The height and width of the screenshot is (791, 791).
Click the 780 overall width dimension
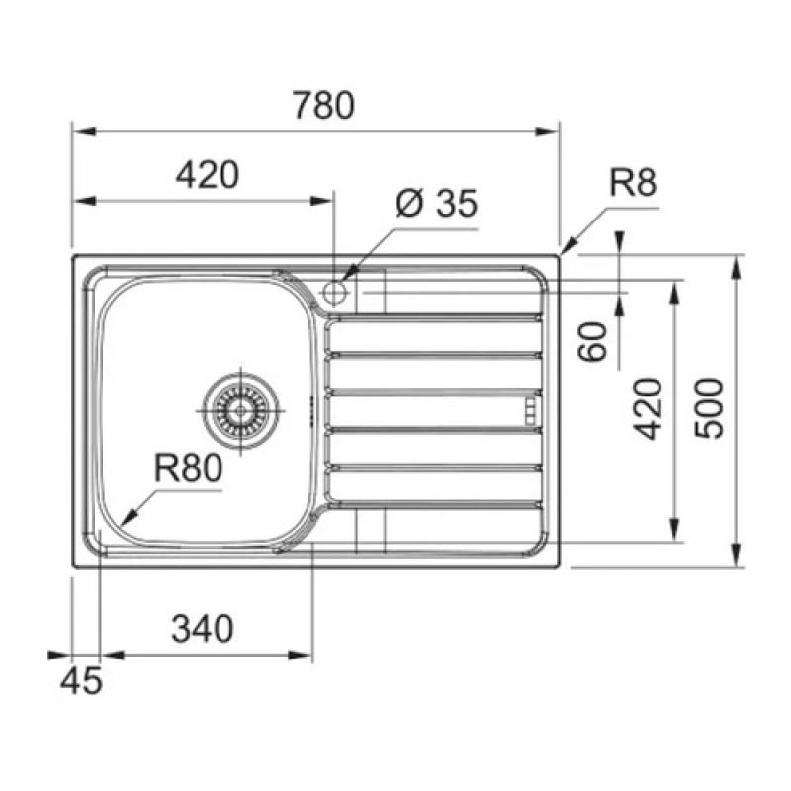click(324, 105)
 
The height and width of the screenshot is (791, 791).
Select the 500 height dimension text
click(709, 408)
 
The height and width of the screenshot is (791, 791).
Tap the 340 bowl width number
click(203, 629)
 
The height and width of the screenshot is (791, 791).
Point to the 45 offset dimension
click(81, 680)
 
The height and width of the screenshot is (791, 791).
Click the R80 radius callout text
click(188, 468)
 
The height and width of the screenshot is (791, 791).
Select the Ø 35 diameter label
click(436, 204)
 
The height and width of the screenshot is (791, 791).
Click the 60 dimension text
click(592, 342)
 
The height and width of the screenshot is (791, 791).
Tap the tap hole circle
click(335, 292)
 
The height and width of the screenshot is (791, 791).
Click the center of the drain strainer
click(240, 410)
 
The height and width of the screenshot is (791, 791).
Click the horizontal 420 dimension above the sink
click(208, 175)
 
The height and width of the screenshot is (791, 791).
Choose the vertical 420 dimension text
click(648, 408)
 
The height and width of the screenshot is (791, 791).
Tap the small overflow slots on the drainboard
click(531, 410)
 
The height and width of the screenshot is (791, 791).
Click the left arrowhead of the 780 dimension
click(84, 132)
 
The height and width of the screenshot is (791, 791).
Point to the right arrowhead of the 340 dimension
click(301, 656)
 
